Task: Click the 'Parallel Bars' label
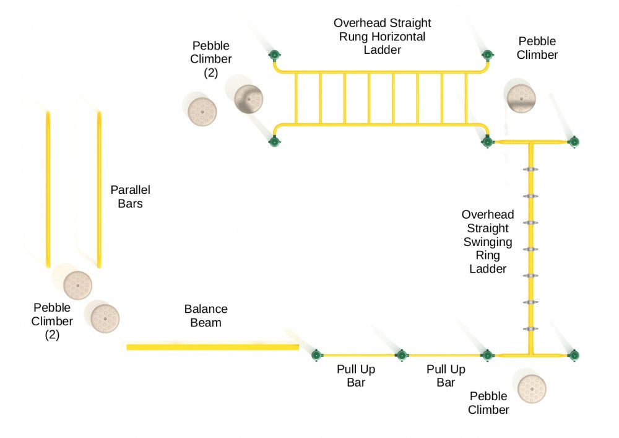130,196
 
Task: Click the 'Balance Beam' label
206,315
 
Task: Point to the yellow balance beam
212,347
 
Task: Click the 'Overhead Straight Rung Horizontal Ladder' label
382,37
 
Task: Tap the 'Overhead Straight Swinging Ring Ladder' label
488,242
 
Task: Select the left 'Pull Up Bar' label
356,376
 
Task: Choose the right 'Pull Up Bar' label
446,376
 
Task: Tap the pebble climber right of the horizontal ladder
521,97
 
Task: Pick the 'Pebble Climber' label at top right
537,48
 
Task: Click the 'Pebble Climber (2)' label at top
211,59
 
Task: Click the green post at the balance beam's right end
317,355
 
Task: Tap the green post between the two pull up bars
402,355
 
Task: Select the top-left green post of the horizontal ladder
274,56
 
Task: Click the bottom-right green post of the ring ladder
574,355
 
